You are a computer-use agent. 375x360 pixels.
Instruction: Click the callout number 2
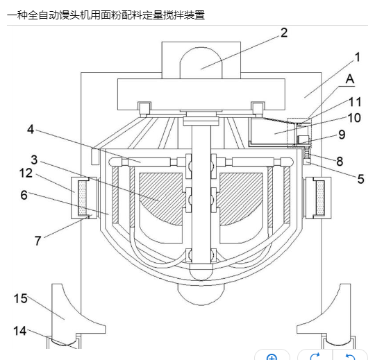(x=284, y=33)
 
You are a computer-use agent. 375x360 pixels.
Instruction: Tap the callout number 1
(x=358, y=57)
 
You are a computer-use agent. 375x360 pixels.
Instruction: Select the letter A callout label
(x=350, y=78)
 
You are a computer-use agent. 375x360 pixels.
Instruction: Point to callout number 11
(x=355, y=102)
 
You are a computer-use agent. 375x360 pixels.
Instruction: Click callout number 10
(x=354, y=118)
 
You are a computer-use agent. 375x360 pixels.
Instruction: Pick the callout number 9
(x=342, y=135)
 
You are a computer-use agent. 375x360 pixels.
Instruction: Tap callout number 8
(x=340, y=161)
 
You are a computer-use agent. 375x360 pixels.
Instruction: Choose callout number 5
(x=361, y=179)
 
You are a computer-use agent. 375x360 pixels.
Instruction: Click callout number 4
(x=31, y=129)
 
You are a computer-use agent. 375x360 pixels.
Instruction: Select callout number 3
(x=34, y=160)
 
